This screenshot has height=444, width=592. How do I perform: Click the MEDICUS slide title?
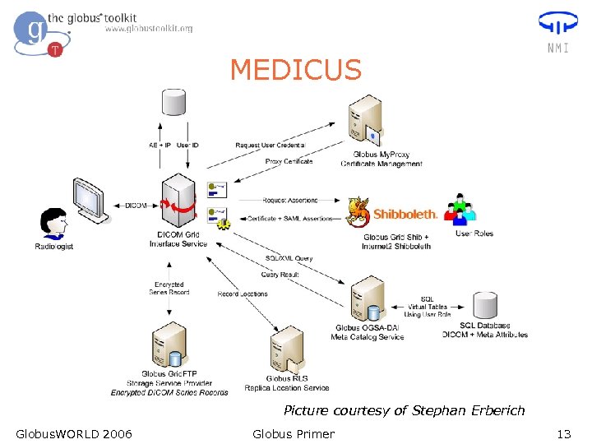296,70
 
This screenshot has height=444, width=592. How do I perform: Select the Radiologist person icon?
54,224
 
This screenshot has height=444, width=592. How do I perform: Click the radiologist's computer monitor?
88,198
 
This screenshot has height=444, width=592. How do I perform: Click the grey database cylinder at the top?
173,103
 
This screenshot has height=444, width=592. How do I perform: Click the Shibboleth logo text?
405,214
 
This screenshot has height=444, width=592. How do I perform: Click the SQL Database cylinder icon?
485,304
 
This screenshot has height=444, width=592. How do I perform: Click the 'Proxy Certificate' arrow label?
289,161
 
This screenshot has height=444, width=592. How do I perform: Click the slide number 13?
563,434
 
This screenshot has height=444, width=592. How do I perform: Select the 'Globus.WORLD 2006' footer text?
74,434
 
